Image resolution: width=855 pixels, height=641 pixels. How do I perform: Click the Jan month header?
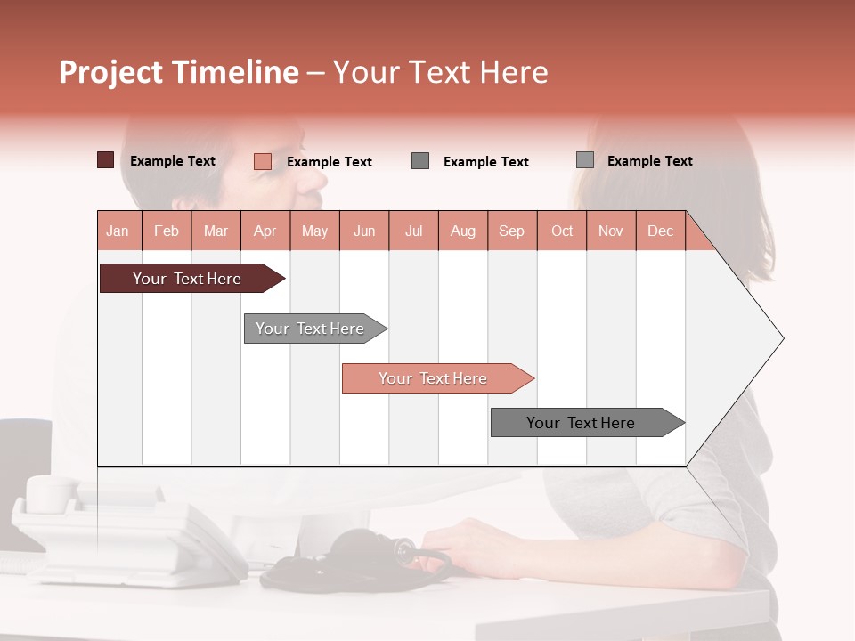[x=118, y=231]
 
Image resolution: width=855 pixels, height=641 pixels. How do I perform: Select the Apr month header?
[x=265, y=231]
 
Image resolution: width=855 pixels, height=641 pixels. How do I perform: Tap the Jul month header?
[x=413, y=231]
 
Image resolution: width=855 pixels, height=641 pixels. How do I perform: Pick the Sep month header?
[x=511, y=231]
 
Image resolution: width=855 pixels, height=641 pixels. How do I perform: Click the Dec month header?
[x=660, y=231]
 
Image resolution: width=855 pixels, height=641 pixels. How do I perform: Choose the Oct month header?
[x=562, y=231]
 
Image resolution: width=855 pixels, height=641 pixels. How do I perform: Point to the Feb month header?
[x=167, y=231]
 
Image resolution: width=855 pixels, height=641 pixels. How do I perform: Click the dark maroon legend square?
[x=105, y=160]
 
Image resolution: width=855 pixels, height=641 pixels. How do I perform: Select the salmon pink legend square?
[x=262, y=161]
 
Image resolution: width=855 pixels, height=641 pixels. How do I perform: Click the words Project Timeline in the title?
[x=179, y=72]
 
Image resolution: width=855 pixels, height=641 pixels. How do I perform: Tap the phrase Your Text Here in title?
[x=440, y=72]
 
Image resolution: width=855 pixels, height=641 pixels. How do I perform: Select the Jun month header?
[x=364, y=231]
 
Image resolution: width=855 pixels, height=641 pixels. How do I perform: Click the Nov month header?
[x=611, y=231]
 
